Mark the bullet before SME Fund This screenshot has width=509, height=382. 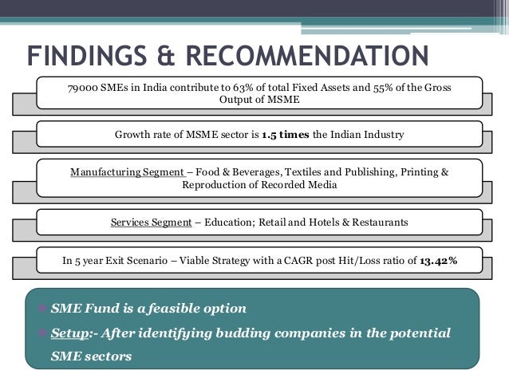click(x=41, y=308)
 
